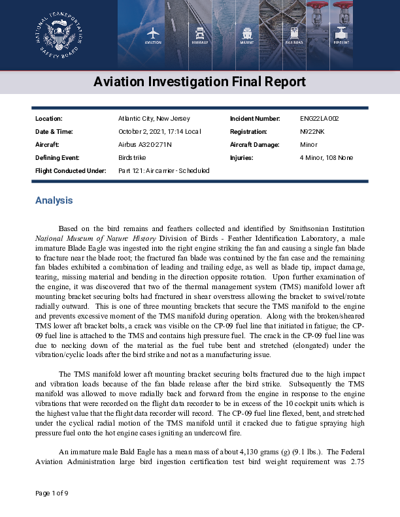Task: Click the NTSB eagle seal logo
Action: pyautogui.click(x=59, y=35)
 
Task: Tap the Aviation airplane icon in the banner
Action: pyautogui.click(x=153, y=33)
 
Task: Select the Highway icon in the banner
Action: pyautogui.click(x=200, y=33)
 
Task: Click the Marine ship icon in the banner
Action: pyautogui.click(x=247, y=33)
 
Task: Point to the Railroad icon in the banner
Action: pyautogui.click(x=294, y=33)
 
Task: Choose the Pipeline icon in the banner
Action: pyautogui.click(x=341, y=33)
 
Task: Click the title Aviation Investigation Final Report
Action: pyautogui.click(x=199, y=82)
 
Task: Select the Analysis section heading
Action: pyautogui.click(x=54, y=200)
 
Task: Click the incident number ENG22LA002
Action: pyautogui.click(x=319, y=119)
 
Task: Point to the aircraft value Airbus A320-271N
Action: pyautogui.click(x=144, y=145)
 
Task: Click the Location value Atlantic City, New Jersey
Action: pyautogui.click(x=154, y=119)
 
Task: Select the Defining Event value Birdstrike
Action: pyautogui.click(x=132, y=158)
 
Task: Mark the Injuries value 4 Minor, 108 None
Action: pyautogui.click(x=326, y=158)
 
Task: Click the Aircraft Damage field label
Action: pyautogui.click(x=255, y=145)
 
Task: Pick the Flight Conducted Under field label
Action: pyautogui.click(x=70, y=171)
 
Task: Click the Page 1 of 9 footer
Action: pyautogui.click(x=52, y=493)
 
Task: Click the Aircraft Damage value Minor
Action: pyautogui.click(x=308, y=145)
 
